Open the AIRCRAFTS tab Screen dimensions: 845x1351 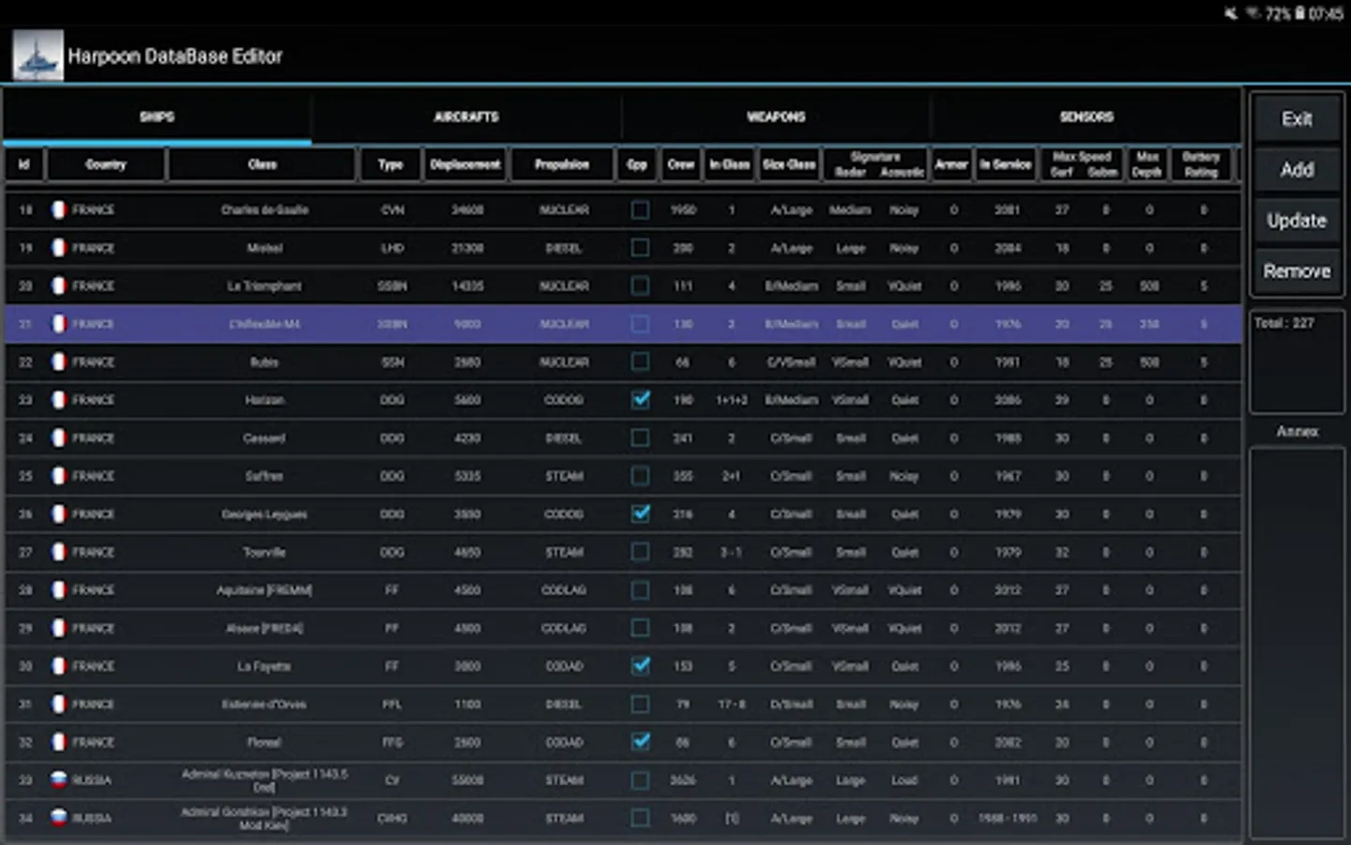tap(466, 116)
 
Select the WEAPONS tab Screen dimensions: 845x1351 tap(776, 116)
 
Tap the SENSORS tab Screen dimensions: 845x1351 tap(1086, 116)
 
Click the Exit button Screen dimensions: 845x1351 tap(1297, 119)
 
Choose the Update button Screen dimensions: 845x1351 tap(1297, 221)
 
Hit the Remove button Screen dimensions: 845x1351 tap(1297, 271)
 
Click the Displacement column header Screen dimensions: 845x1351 tap(465, 164)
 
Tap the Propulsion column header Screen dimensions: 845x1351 tap(562, 164)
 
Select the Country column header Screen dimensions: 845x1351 tap(106, 164)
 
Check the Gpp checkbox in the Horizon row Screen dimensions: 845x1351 tap(641, 400)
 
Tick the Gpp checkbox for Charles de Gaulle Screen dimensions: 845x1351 tap(641, 210)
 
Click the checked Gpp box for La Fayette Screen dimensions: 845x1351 tap(641, 666)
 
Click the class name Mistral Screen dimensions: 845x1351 tap(265, 249)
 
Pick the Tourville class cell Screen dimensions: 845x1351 tap(265, 552)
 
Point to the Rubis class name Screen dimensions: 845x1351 tap(265, 362)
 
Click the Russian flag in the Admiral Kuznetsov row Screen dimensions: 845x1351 tap(58, 780)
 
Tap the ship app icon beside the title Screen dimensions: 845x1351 tap(38, 55)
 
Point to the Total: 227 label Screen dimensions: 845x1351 tap(1283, 323)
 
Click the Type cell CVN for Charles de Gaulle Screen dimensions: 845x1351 tap(392, 210)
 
